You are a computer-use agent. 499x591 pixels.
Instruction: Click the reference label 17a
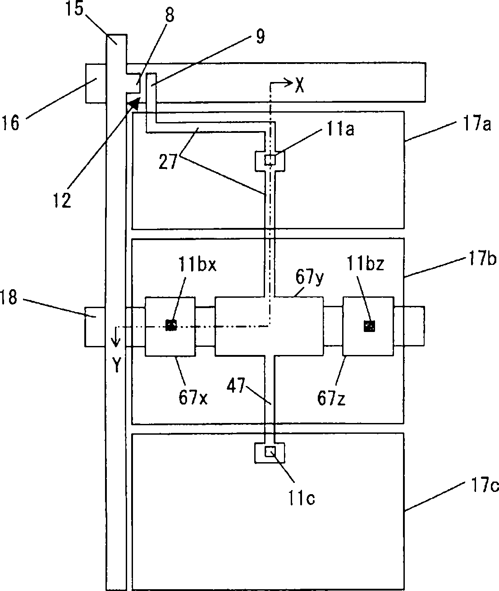point(477,124)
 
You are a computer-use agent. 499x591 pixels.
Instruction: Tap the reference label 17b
point(482,259)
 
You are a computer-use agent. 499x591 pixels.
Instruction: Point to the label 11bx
point(197,265)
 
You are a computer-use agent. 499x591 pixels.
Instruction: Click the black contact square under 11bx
point(171,325)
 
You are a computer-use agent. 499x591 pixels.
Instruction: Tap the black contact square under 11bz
point(370,326)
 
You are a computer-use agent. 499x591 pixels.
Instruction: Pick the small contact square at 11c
point(270,452)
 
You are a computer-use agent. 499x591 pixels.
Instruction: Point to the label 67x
point(193,398)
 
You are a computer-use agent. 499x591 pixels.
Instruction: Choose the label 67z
point(331,398)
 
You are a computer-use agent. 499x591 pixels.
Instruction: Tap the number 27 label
point(168,162)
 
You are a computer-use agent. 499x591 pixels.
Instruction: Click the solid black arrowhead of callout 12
point(136,102)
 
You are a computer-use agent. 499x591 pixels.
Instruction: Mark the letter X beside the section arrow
point(300,86)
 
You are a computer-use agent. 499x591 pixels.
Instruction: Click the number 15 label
point(75,9)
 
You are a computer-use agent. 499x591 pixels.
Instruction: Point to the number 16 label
point(11,123)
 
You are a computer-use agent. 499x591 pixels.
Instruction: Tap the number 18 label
point(9,297)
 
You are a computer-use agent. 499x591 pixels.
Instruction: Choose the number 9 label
point(260,36)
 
